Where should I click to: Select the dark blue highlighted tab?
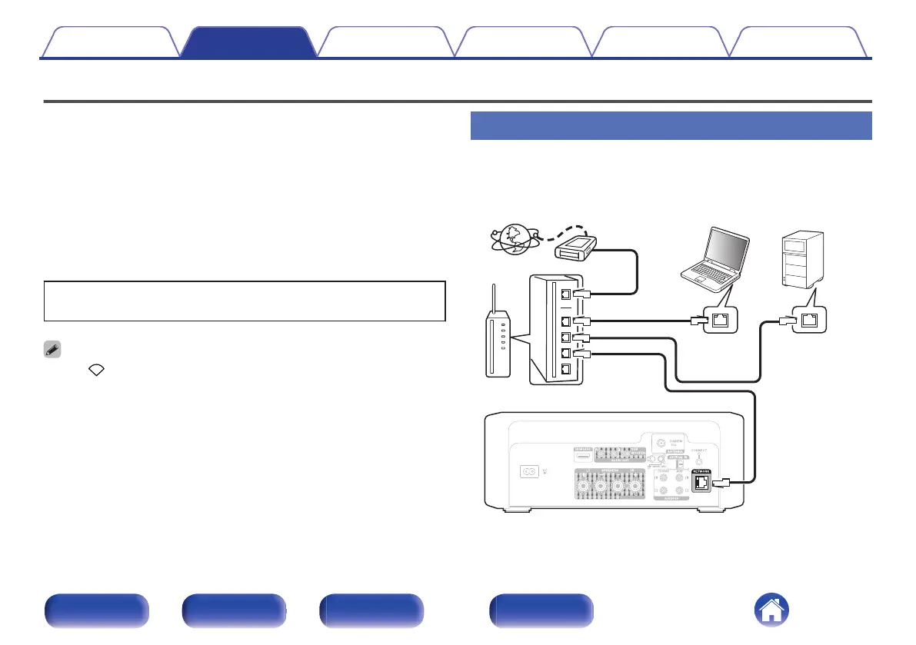point(249,43)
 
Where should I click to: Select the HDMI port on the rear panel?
point(584,451)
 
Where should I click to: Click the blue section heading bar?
point(670,125)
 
